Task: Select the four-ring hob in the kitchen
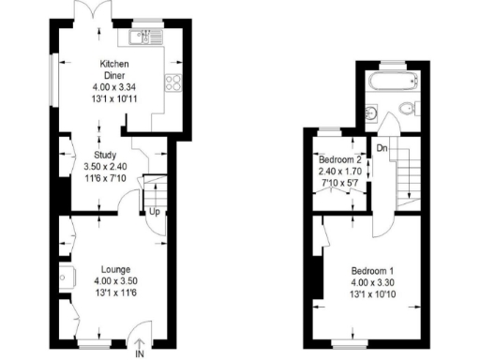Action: tap(174, 83)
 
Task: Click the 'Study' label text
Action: tap(105, 156)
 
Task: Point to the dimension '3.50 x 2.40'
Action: tap(105, 167)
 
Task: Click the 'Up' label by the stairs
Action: tap(153, 212)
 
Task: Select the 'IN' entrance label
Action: tap(140, 353)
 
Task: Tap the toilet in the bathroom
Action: tap(404, 114)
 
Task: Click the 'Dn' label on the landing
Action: tap(382, 148)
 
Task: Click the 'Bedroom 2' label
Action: tap(339, 161)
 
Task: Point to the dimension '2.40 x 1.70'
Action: tap(339, 172)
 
